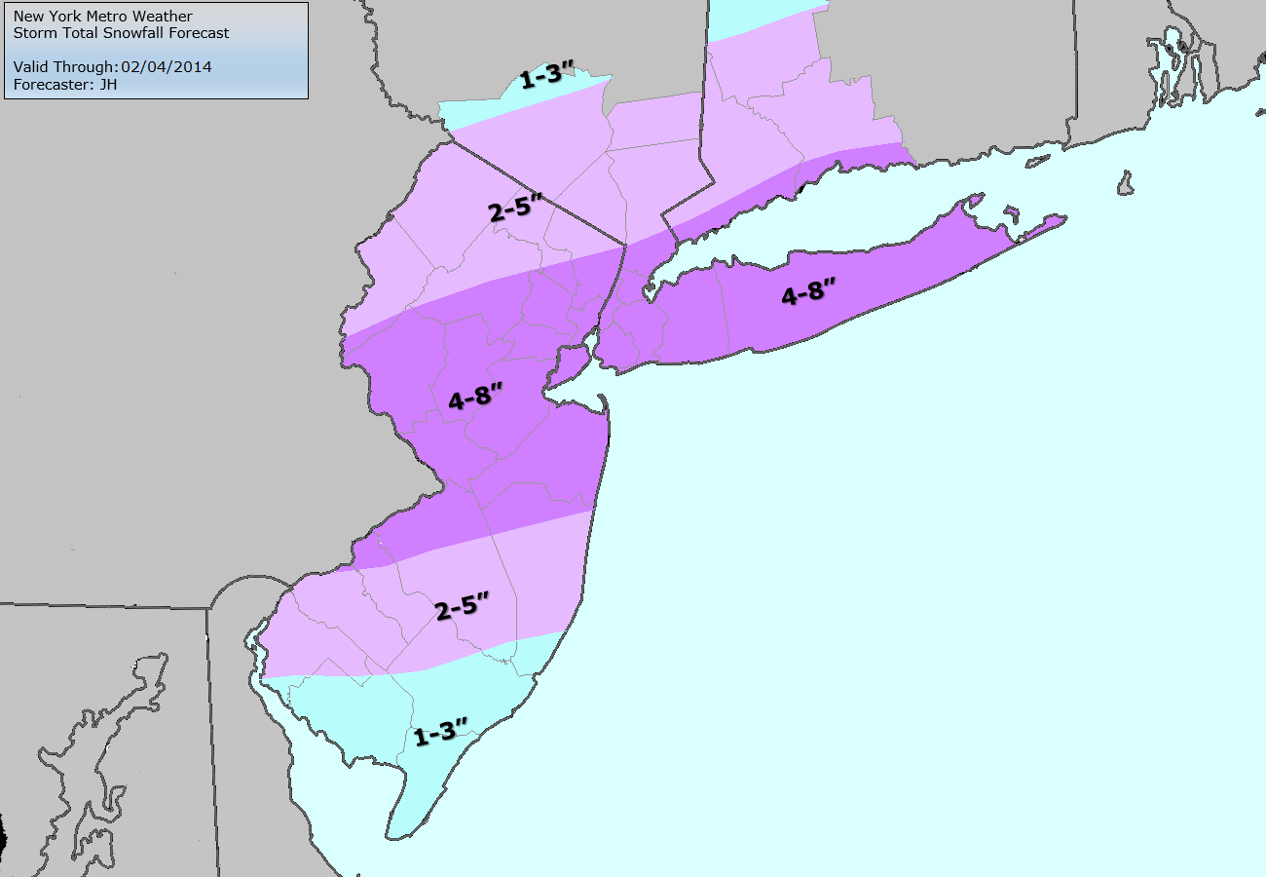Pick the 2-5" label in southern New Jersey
coord(461,610)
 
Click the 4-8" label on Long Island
coord(808,293)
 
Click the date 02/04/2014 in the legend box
coord(166,67)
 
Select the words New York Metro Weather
coord(103,17)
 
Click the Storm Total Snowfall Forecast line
coord(122,33)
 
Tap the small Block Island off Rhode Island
coord(1127,182)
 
